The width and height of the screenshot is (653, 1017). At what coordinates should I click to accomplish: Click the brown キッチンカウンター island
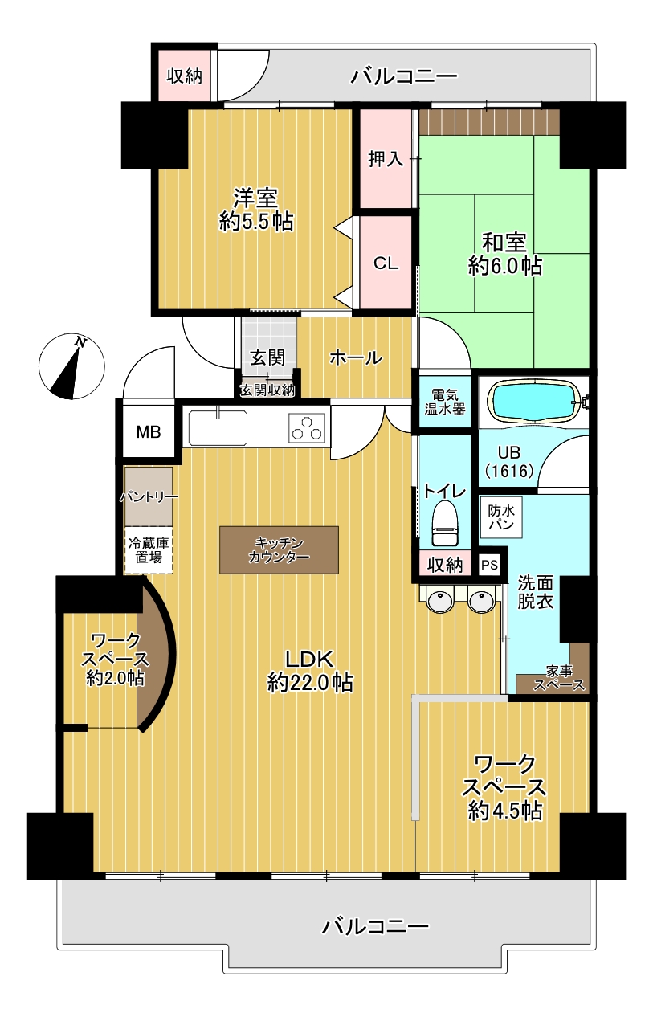pyautogui.click(x=279, y=549)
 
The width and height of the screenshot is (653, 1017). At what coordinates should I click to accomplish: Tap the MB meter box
pyautogui.click(x=148, y=432)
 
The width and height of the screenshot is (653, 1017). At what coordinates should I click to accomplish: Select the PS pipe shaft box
pyautogui.click(x=489, y=565)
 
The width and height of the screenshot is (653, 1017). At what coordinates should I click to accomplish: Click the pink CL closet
pyautogui.click(x=386, y=263)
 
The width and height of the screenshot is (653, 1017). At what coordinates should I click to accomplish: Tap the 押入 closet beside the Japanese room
pyautogui.click(x=386, y=159)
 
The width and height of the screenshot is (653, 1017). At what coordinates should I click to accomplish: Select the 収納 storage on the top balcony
pyautogui.click(x=184, y=76)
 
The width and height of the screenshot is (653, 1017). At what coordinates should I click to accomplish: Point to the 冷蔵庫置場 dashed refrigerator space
pyautogui.click(x=149, y=550)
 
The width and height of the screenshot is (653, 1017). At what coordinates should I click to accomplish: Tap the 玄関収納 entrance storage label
pyautogui.click(x=267, y=390)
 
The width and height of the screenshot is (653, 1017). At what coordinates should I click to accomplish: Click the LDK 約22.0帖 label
pyautogui.click(x=310, y=670)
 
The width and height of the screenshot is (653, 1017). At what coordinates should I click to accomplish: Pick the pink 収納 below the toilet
pyautogui.click(x=444, y=565)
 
